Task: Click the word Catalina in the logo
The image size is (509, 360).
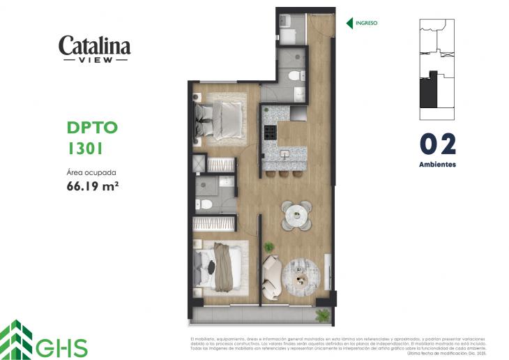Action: point(94,45)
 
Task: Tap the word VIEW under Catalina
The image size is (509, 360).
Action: point(95,60)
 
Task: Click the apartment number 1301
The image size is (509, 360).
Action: point(86,148)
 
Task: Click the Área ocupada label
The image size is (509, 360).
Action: point(91,172)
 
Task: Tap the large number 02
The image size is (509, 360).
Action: point(437,144)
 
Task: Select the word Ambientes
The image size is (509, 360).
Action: point(437,165)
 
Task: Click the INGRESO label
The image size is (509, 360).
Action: point(366,23)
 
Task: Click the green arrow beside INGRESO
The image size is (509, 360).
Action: point(349,23)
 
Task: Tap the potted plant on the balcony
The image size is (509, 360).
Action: point(321,315)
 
